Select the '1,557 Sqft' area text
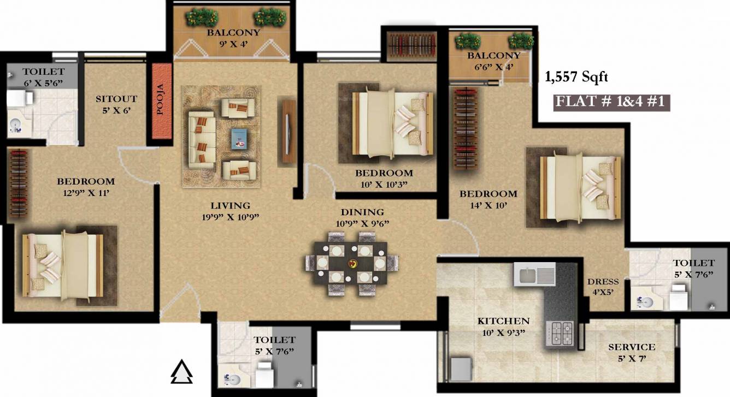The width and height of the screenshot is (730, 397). pyautogui.click(x=576, y=78)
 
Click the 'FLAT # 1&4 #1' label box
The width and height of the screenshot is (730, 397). pyautogui.click(x=611, y=103)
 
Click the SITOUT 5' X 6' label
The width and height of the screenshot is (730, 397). pyautogui.click(x=116, y=104)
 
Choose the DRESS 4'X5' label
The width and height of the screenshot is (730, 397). pyautogui.click(x=603, y=287)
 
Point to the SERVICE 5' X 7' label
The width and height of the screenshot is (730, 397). pyautogui.click(x=632, y=352)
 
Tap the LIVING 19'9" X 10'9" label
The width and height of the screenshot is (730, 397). pyautogui.click(x=231, y=211)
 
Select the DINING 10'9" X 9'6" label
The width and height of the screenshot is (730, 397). pyautogui.click(x=362, y=217)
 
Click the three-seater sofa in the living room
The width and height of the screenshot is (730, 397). pyautogui.click(x=201, y=139)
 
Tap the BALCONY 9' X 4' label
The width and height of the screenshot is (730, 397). pyautogui.click(x=233, y=38)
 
